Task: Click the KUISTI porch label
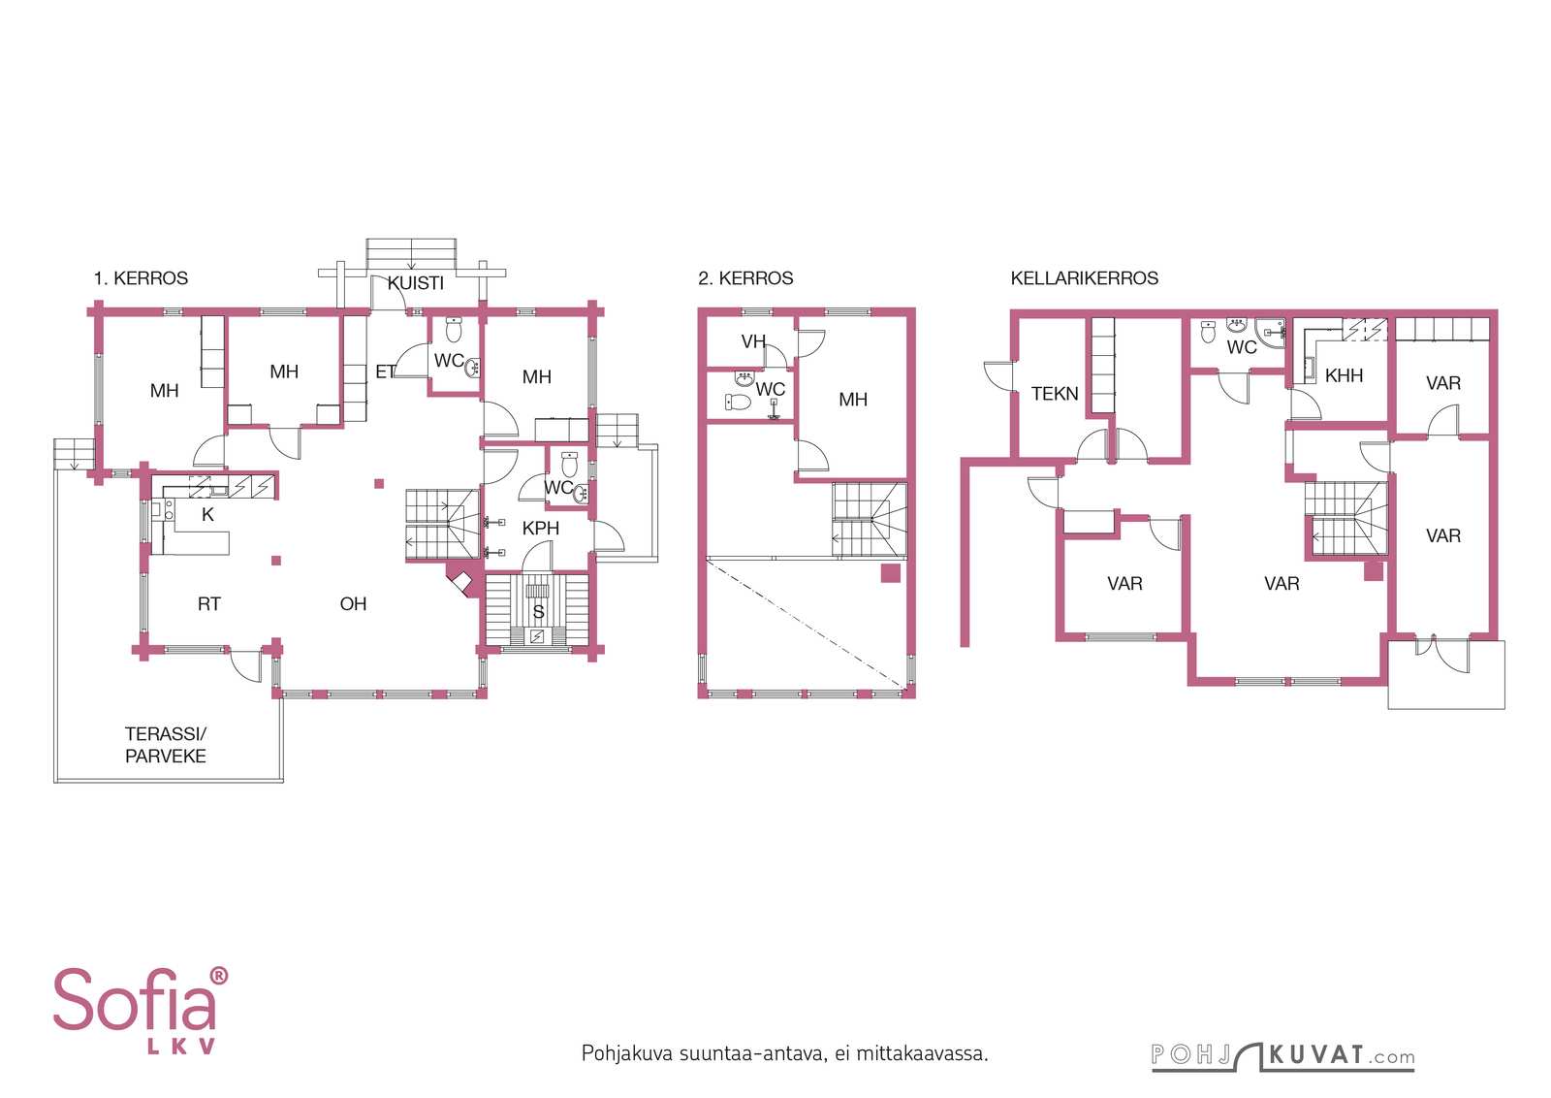pyautogui.click(x=416, y=282)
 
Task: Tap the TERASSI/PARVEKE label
pyautogui.click(x=166, y=745)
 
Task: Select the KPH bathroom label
pyautogui.click(x=541, y=528)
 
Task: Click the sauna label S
pyautogui.click(x=538, y=612)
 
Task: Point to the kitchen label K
pyautogui.click(x=207, y=514)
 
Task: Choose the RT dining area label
pyautogui.click(x=209, y=604)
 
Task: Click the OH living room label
pyautogui.click(x=353, y=604)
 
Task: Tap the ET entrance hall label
pyautogui.click(x=385, y=372)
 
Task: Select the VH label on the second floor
pyautogui.click(x=753, y=341)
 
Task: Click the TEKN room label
pyautogui.click(x=1055, y=394)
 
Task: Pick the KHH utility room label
pyautogui.click(x=1344, y=375)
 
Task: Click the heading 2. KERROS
pyautogui.click(x=745, y=277)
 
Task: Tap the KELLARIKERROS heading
pyautogui.click(x=1085, y=277)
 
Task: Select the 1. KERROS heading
pyautogui.click(x=142, y=277)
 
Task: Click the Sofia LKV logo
pyautogui.click(x=141, y=1011)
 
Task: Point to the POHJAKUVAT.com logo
pyautogui.click(x=1283, y=1055)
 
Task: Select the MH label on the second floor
pyautogui.click(x=853, y=399)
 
